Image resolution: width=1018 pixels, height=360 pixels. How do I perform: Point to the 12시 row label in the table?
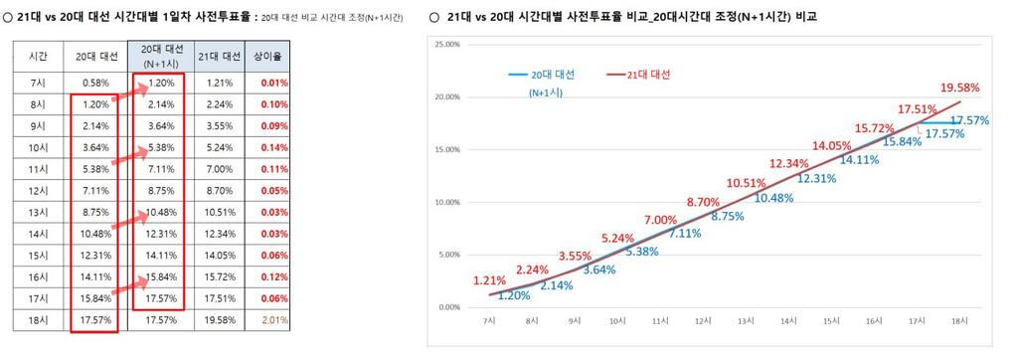[x=36, y=192]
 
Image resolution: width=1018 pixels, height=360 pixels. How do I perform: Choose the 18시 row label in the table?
[x=36, y=321]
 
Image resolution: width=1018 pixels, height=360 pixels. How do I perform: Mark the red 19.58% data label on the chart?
[x=959, y=88]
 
